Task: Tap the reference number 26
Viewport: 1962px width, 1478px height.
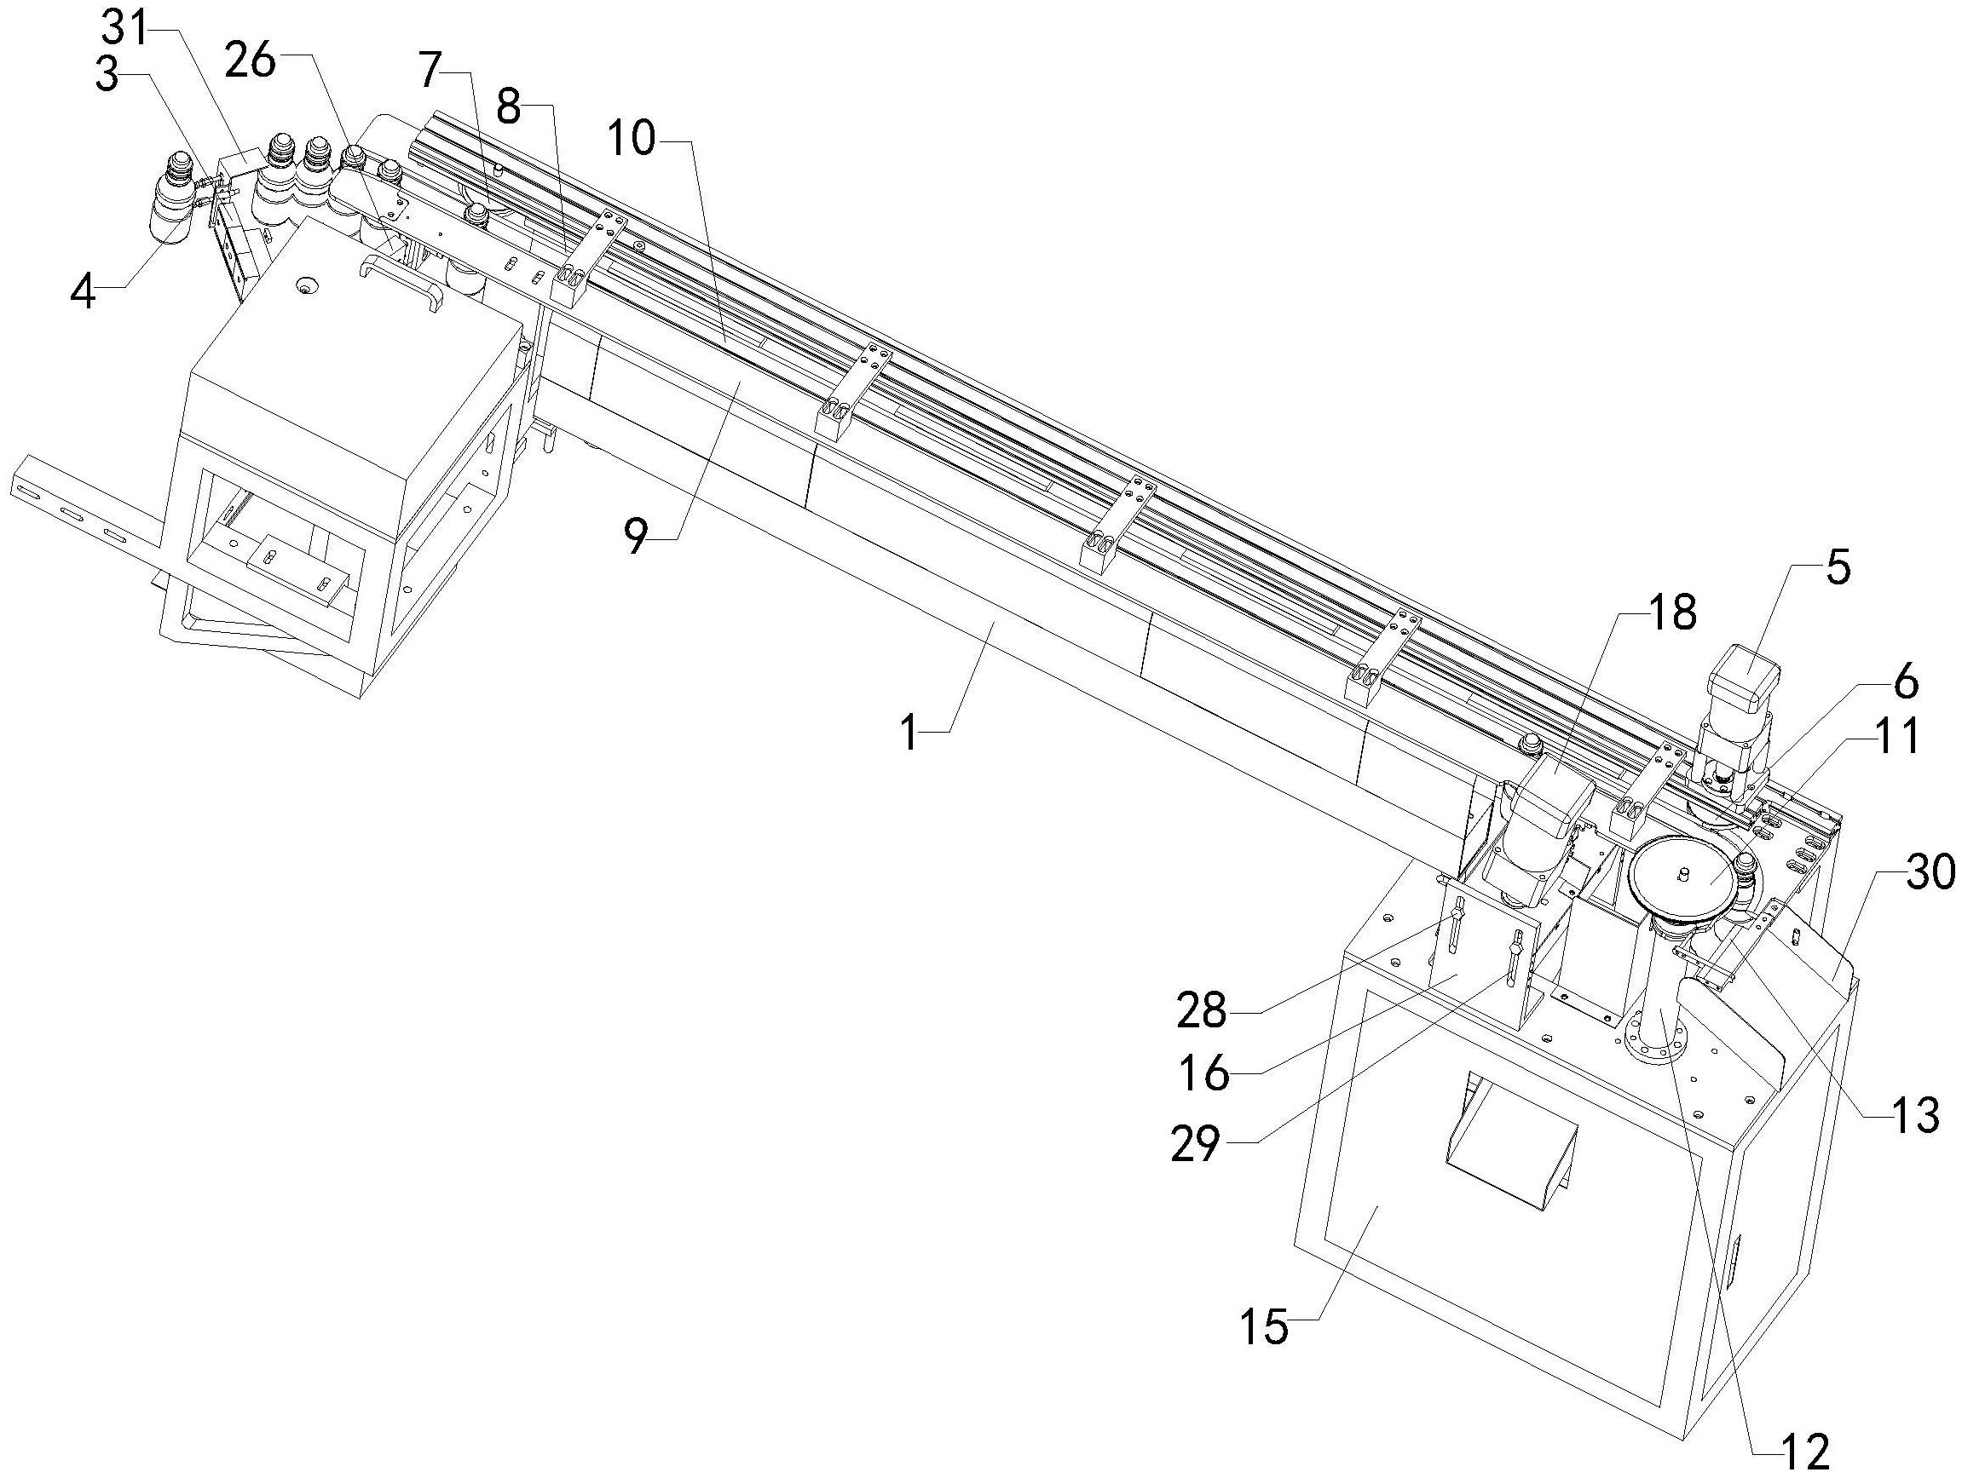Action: click(251, 61)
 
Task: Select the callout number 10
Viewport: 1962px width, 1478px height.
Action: click(632, 138)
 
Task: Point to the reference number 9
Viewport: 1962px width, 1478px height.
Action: click(636, 538)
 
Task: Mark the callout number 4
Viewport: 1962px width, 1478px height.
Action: click(84, 291)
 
